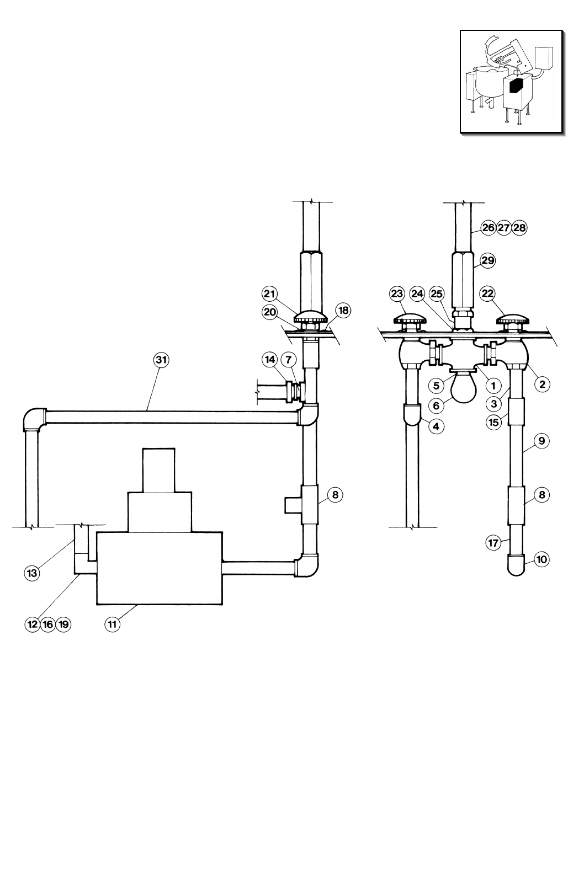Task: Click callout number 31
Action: (x=161, y=360)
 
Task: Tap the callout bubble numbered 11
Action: (x=112, y=624)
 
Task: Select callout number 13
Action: (x=32, y=573)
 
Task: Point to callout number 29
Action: (x=487, y=260)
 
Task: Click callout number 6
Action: (x=436, y=406)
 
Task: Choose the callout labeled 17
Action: (x=493, y=543)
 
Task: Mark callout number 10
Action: (x=541, y=559)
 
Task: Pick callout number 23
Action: (x=397, y=294)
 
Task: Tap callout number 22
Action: (x=487, y=294)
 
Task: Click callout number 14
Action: (x=270, y=360)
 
